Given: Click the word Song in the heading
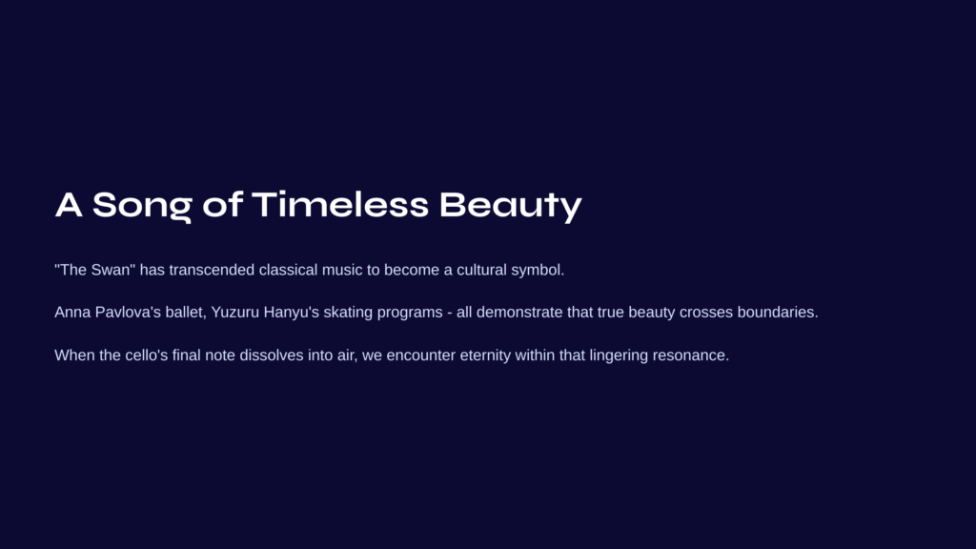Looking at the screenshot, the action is pyautogui.click(x=142, y=206).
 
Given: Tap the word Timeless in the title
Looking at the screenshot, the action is pyautogui.click(x=340, y=204).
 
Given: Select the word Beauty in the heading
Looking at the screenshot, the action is pyautogui.click(x=511, y=206).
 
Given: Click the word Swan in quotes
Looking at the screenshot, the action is pyautogui.click(x=111, y=270).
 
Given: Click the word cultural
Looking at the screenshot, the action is pyautogui.click(x=481, y=270).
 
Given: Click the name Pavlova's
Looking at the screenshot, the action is pyautogui.click(x=128, y=312).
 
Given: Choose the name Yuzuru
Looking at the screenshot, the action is pyautogui.click(x=234, y=312).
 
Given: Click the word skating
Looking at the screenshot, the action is pyautogui.click(x=348, y=313).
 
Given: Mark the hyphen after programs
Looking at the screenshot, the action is pyautogui.click(x=450, y=313).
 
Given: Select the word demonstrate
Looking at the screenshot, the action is pyautogui.click(x=519, y=312).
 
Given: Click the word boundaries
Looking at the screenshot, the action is pyautogui.click(x=778, y=312).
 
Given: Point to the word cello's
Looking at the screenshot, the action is pyautogui.click(x=146, y=355).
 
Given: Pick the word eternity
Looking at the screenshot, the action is pyautogui.click(x=485, y=356).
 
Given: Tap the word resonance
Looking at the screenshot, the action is pyautogui.click(x=690, y=356).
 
